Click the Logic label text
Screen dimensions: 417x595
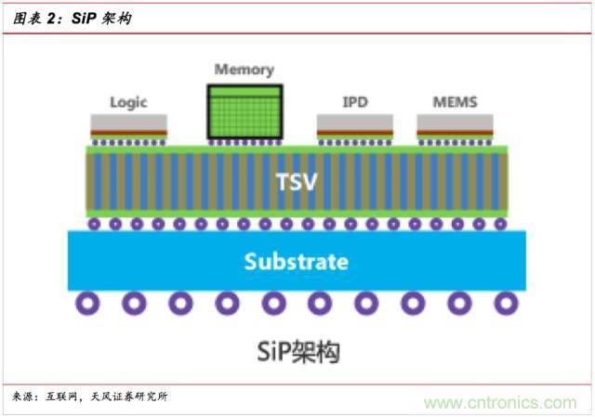128,102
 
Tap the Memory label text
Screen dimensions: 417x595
245,70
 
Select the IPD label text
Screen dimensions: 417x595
354,102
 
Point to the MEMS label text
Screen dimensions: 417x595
455,102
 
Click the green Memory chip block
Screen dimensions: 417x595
245,111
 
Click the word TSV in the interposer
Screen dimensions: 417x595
297,181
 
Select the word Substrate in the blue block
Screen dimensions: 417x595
297,262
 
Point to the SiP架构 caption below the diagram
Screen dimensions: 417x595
297,352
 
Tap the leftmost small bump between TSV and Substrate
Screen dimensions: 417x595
94,224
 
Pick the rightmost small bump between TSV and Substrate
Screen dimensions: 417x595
500,224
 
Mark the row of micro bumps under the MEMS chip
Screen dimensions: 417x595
455,142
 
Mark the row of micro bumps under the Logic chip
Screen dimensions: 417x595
128,142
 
